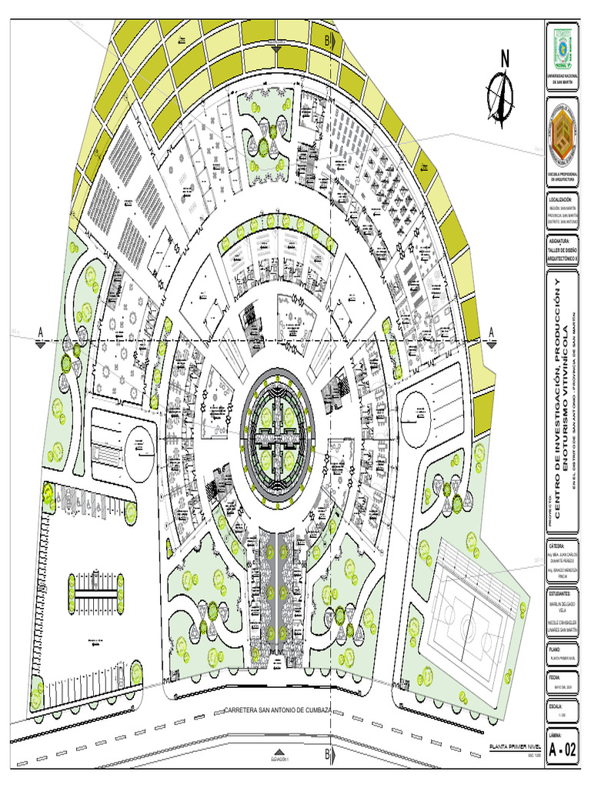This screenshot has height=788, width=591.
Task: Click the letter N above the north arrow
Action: pyautogui.click(x=505, y=58)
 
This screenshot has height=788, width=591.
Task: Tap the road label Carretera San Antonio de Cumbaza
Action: pyautogui.click(x=277, y=709)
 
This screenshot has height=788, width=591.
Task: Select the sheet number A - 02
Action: pyautogui.click(x=561, y=750)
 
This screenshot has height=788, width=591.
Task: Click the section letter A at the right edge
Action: pyautogui.click(x=489, y=331)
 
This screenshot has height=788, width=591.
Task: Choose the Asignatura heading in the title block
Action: pyautogui.click(x=562, y=241)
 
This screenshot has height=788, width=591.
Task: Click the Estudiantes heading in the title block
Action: pyautogui.click(x=562, y=594)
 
